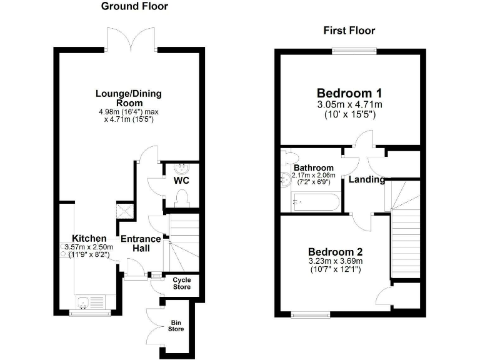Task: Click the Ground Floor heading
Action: coord(134,6)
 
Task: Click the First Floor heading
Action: coord(349,30)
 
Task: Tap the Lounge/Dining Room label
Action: coord(128,98)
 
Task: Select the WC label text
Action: coord(181,181)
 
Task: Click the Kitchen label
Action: coord(89,238)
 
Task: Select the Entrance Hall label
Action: coord(141,243)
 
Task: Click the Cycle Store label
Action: coord(181,283)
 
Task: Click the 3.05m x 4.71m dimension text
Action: coord(349,105)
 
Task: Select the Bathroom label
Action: coord(311,168)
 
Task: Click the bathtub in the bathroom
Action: coord(316,202)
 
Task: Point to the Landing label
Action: coord(367,179)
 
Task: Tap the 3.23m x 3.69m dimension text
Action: coord(336,261)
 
